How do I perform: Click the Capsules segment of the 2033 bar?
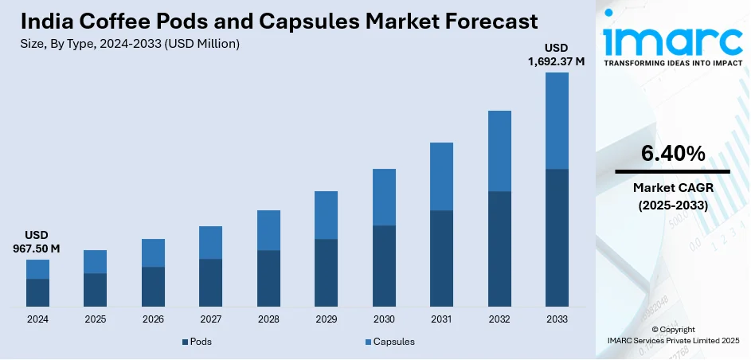[x=557, y=120]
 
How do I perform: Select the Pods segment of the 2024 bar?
[x=37, y=292]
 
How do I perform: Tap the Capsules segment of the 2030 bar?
[x=384, y=197]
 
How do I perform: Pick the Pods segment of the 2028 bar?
[x=268, y=278]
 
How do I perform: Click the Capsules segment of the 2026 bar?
[x=153, y=252]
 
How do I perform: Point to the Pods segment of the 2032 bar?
[x=499, y=248]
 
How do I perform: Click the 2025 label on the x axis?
[x=96, y=319]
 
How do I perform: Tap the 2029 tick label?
[x=326, y=319]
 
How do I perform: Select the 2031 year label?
[x=441, y=319]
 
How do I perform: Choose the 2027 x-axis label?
[x=211, y=319]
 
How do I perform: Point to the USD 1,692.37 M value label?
[x=557, y=55]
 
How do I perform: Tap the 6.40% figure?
[x=672, y=154]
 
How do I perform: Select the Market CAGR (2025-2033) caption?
[x=672, y=196]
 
